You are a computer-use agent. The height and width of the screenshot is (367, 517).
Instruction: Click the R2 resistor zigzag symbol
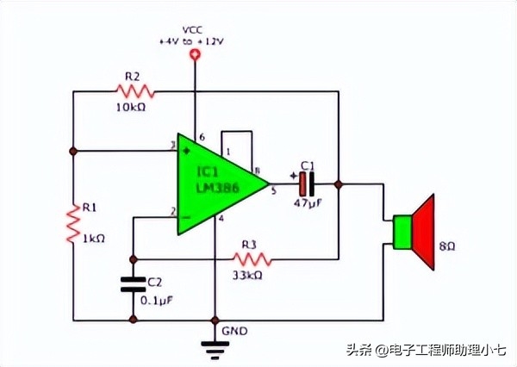click(x=134, y=90)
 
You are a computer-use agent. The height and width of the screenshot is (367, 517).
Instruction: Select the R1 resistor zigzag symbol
click(x=74, y=223)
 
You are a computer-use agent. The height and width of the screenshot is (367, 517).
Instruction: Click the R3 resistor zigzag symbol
click(x=252, y=258)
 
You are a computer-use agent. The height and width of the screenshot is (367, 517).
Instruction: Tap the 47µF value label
click(x=308, y=203)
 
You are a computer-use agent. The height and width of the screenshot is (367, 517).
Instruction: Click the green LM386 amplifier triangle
click(x=211, y=183)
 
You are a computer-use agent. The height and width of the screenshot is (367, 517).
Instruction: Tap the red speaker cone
click(x=423, y=230)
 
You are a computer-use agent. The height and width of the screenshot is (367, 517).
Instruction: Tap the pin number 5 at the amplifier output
click(x=273, y=191)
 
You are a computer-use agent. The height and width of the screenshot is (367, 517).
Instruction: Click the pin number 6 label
click(x=202, y=138)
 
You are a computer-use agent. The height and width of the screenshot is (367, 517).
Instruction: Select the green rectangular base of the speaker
click(x=401, y=231)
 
